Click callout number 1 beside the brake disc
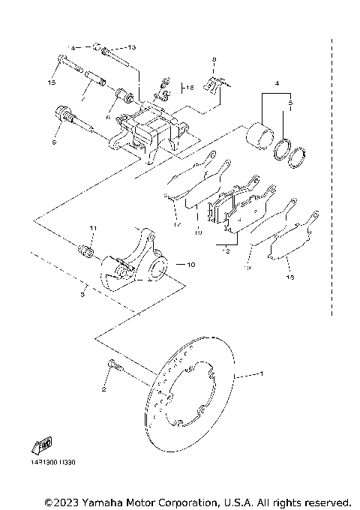click(x=261, y=373)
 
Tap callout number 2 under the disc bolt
click(x=106, y=390)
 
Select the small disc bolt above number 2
click(x=112, y=366)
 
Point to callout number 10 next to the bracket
click(x=190, y=264)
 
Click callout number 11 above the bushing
click(x=93, y=228)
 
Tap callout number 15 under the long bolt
click(x=53, y=81)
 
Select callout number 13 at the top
click(x=131, y=46)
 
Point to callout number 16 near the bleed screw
click(x=190, y=87)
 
